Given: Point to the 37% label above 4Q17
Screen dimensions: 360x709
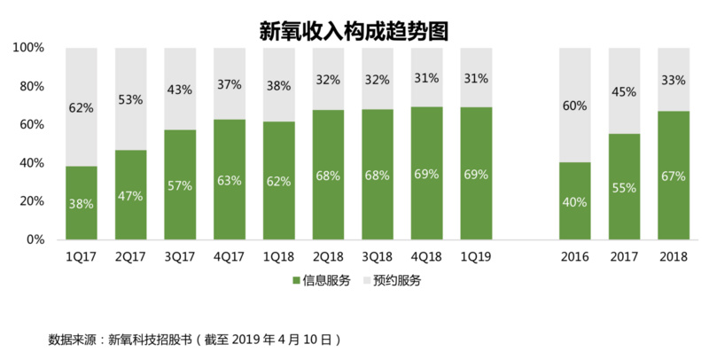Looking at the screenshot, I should click(230, 85).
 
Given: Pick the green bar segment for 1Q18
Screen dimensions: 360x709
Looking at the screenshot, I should click(279, 191).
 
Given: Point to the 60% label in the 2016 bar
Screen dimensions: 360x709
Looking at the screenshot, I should click(575, 107).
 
